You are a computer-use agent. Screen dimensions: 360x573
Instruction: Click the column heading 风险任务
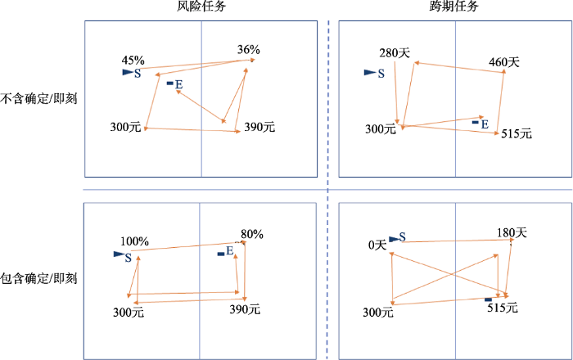(201, 7)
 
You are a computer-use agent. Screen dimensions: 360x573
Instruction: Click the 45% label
(133, 61)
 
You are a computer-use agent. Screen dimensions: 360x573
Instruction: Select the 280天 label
(394, 54)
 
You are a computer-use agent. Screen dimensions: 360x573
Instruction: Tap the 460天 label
(503, 61)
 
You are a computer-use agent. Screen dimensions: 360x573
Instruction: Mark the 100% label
(134, 241)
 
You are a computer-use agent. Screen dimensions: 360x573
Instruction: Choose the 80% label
(251, 234)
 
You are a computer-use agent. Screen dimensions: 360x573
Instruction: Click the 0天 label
(377, 245)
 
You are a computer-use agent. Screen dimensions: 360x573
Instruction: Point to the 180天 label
(511, 233)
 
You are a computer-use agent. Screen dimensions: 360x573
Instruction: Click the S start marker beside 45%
(131, 73)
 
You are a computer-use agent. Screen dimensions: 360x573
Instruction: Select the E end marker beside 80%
(225, 251)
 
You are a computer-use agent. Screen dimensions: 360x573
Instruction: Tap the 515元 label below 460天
(516, 133)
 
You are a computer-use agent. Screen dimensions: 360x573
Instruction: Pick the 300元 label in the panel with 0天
(377, 312)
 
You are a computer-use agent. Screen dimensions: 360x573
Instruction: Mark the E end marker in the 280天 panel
(480, 124)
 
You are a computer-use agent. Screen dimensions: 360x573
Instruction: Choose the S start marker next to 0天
(397, 238)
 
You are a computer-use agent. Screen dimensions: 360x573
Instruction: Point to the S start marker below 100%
(123, 257)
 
